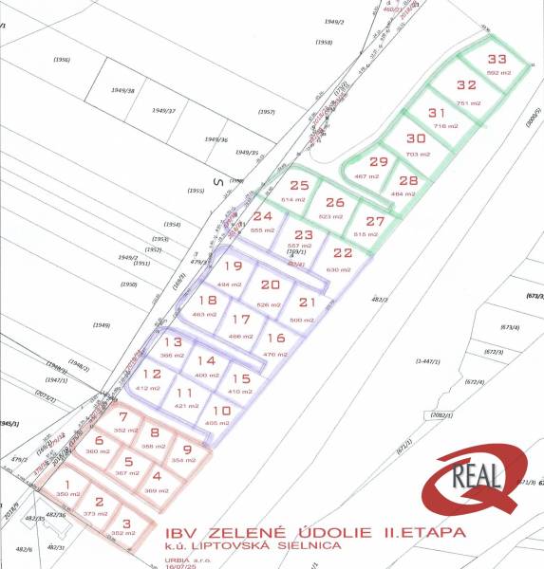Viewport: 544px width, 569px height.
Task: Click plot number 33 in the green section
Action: (x=497, y=59)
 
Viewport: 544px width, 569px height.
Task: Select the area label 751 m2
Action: (x=464, y=103)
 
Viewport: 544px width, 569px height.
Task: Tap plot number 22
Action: (x=343, y=253)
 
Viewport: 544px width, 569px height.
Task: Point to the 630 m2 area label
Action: (x=339, y=270)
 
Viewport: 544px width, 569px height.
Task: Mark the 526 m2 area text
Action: (x=270, y=304)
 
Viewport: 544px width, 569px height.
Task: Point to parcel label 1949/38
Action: (x=122, y=91)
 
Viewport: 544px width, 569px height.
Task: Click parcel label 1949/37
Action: (x=163, y=111)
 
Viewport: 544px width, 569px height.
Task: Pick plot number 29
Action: (x=379, y=161)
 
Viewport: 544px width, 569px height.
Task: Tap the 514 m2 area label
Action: (x=293, y=200)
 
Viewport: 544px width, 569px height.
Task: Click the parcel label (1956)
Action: (x=63, y=60)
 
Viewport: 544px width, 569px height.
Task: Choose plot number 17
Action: (x=241, y=320)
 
